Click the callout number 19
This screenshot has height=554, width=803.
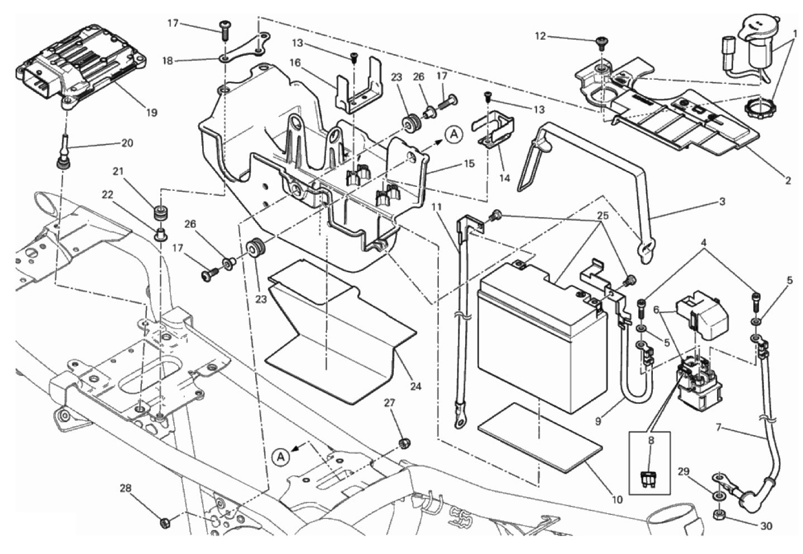click(x=151, y=113)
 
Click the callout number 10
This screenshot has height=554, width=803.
click(x=616, y=500)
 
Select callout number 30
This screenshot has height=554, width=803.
click(x=767, y=526)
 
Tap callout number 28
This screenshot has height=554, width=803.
click(x=126, y=489)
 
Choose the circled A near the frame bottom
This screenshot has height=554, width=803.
click(x=281, y=457)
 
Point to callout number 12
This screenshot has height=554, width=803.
click(x=540, y=37)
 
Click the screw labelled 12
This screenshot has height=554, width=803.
click(x=602, y=41)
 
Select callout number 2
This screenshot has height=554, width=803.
click(x=788, y=181)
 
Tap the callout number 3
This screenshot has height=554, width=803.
click(x=722, y=202)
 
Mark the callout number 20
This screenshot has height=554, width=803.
click(x=127, y=143)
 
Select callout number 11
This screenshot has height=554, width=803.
click(x=436, y=207)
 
